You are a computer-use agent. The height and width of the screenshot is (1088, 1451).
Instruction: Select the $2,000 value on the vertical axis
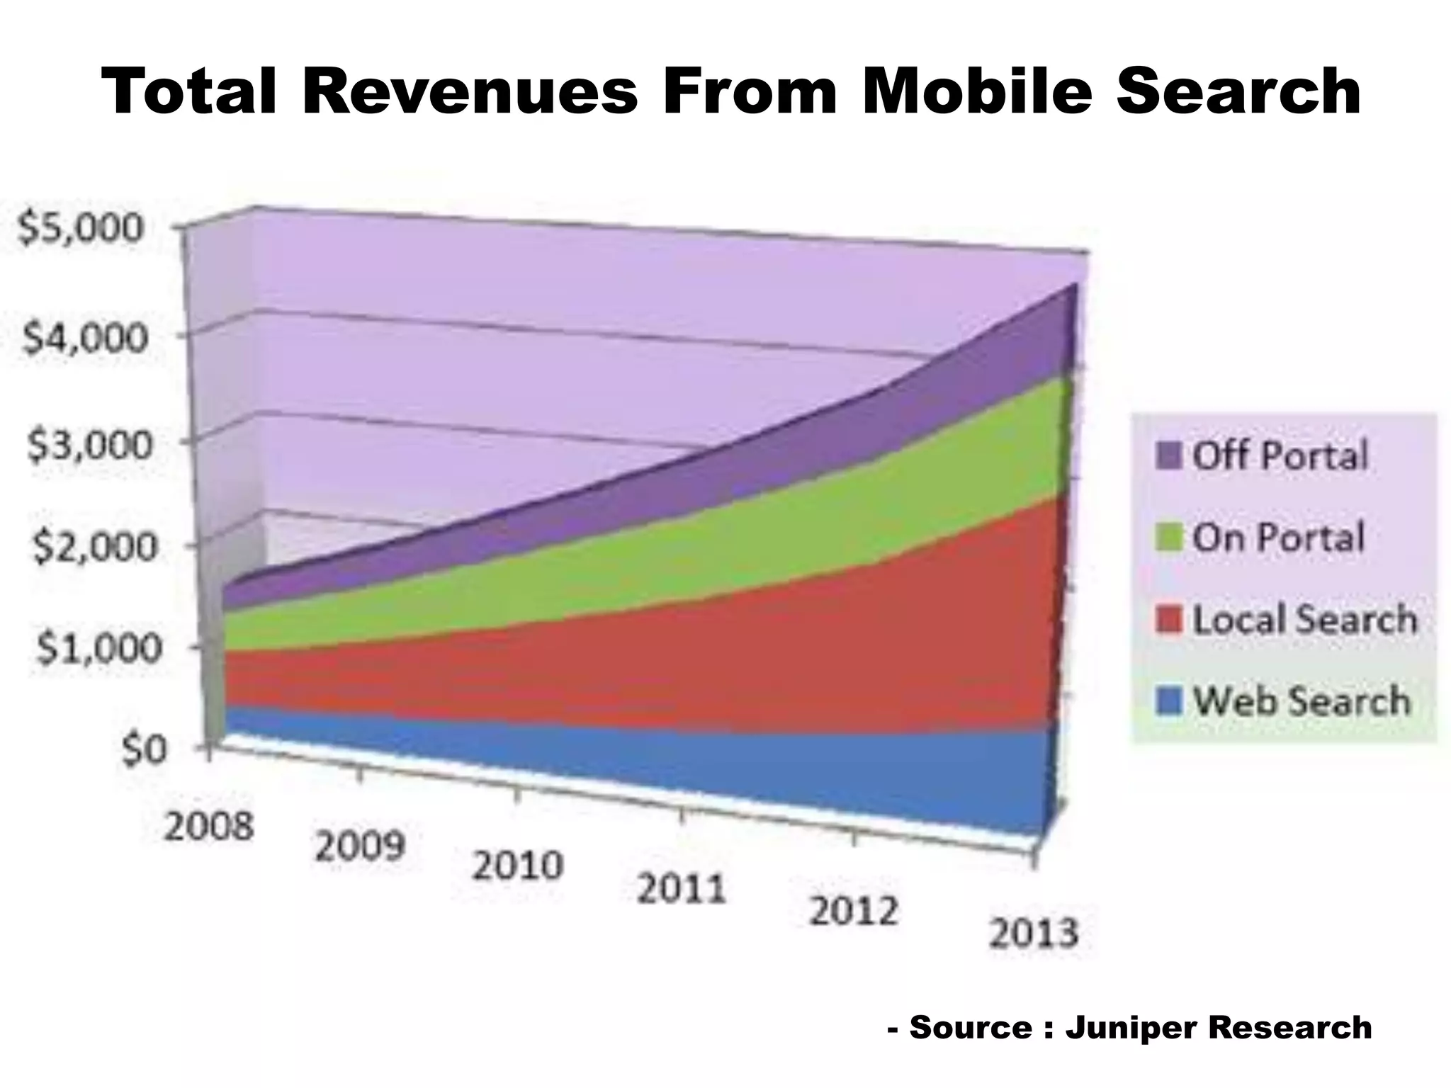tap(93, 547)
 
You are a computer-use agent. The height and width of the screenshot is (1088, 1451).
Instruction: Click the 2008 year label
tap(208, 826)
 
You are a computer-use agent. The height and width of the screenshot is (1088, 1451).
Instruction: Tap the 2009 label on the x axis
tap(360, 845)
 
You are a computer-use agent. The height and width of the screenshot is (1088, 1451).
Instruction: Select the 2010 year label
tap(518, 865)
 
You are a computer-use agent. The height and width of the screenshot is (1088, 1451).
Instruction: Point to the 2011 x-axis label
tap(681, 890)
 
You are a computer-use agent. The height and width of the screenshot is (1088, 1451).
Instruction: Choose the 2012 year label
tap(853, 911)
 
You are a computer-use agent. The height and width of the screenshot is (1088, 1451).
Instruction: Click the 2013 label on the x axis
tap(1033, 934)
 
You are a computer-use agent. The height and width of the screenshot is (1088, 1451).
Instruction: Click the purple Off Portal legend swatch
tap(1168, 455)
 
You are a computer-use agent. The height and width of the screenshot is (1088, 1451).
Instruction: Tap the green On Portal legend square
tap(1168, 538)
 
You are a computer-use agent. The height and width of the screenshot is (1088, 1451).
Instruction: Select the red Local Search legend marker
tap(1168, 620)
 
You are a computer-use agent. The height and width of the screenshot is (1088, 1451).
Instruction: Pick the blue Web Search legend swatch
tap(1168, 702)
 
